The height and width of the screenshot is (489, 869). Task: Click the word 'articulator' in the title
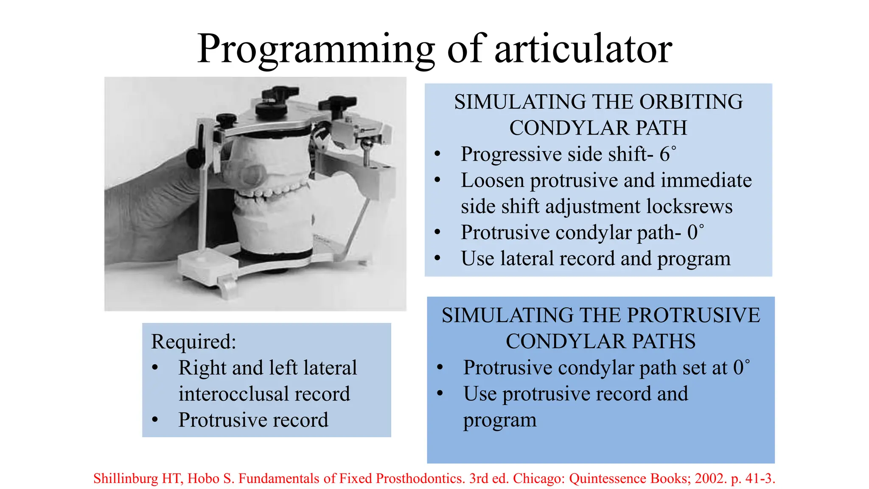tap(583, 49)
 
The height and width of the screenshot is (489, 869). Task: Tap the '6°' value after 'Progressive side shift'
tap(667, 154)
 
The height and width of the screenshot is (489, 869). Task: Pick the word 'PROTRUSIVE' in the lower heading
tap(693, 315)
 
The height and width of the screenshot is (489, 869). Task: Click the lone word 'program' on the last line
tap(499, 420)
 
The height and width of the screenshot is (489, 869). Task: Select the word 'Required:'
tap(193, 341)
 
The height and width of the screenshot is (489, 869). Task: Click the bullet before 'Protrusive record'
tap(155, 420)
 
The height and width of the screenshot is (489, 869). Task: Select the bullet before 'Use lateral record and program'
tap(437, 258)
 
